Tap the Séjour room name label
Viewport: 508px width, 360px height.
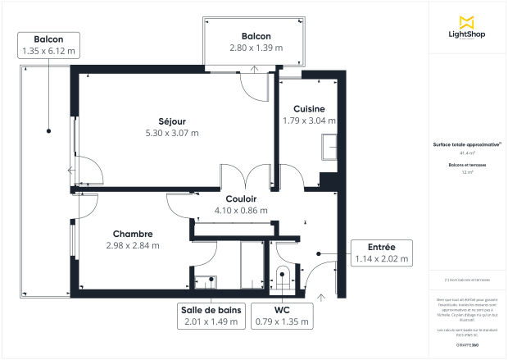click(x=172, y=120)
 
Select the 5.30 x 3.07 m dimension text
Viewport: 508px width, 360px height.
click(x=172, y=133)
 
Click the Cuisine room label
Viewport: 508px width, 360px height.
click(x=309, y=108)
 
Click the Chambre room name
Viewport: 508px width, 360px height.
click(x=133, y=232)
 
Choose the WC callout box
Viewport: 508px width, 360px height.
click(x=282, y=316)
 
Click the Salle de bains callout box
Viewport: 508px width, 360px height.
click(x=210, y=316)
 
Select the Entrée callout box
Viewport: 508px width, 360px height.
click(x=380, y=253)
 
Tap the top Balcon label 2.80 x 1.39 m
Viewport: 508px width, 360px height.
click(x=256, y=42)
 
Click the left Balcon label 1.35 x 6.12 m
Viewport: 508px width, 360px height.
click(x=49, y=45)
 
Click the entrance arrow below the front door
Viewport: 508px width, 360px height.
click(x=321, y=297)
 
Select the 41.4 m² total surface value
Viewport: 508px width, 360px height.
click(x=468, y=153)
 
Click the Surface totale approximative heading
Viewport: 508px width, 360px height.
click(x=467, y=144)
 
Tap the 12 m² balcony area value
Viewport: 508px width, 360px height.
click(x=468, y=173)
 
